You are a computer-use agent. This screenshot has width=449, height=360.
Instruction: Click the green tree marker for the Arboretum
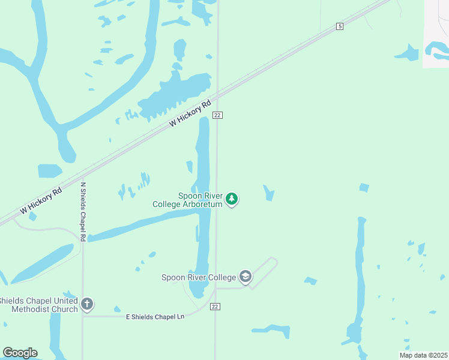coord(232,199)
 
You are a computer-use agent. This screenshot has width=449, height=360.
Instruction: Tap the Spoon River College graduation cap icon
coord(245,277)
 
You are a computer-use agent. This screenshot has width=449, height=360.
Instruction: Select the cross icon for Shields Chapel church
coord(87,304)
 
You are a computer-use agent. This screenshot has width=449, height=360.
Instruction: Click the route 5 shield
coord(340,26)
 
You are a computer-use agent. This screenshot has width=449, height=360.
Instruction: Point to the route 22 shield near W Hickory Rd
coord(217,115)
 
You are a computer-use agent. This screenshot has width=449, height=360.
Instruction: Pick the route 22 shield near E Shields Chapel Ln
coord(215,307)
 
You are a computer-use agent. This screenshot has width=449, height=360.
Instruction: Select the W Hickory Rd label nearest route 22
coord(191,112)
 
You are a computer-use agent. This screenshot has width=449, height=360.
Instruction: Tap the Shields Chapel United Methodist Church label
coord(38,305)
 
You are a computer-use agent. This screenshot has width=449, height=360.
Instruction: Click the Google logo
coord(20,353)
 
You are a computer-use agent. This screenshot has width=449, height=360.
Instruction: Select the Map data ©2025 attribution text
coord(423,355)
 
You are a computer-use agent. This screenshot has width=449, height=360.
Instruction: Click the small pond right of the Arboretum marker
coord(268,193)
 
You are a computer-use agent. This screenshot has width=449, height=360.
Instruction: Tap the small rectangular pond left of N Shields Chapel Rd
coord(49,171)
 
